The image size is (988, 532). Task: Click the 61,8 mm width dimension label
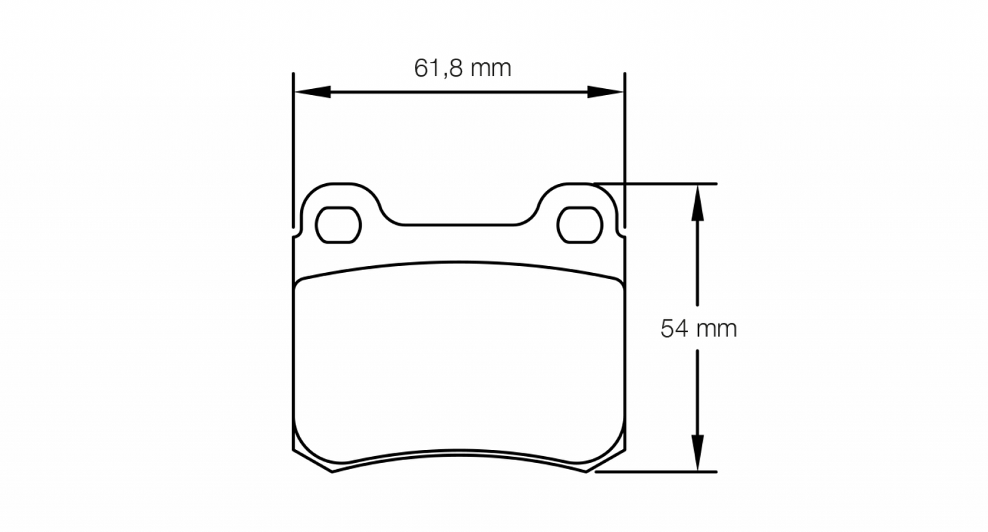point(462,68)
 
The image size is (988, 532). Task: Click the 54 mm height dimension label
point(698,329)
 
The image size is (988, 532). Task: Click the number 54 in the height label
point(674,329)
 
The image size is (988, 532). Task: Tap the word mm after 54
point(717,329)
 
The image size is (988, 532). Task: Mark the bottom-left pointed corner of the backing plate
point(332,471)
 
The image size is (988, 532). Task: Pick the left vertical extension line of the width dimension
point(293,150)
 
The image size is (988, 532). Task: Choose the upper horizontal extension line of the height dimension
point(656,183)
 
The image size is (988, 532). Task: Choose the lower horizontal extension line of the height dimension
point(656,472)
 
